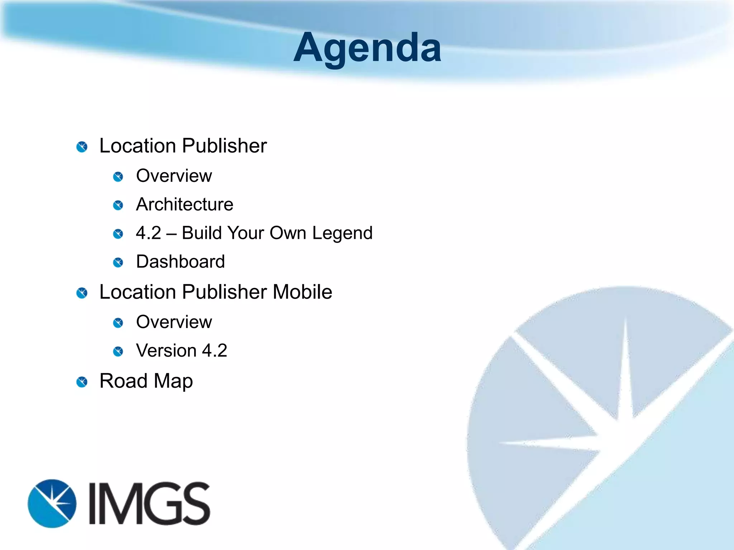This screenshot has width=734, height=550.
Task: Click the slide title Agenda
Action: pyautogui.click(x=367, y=48)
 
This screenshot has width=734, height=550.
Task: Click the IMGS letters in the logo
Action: pyautogui.click(x=149, y=503)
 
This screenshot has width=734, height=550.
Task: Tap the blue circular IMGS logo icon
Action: pyautogui.click(x=52, y=503)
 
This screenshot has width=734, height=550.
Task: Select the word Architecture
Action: pyautogui.click(x=185, y=204)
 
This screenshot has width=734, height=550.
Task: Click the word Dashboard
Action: pyautogui.click(x=180, y=262)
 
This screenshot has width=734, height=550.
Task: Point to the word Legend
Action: pyautogui.click(x=342, y=233)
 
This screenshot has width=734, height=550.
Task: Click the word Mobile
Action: pyautogui.click(x=302, y=292)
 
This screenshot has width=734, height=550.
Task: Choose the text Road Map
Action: pyautogui.click(x=146, y=381)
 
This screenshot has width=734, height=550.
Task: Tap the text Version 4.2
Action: pyautogui.click(x=181, y=351)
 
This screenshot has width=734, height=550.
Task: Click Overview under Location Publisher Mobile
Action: pyautogui.click(x=174, y=322)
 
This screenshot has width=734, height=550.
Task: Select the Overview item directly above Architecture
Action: pyautogui.click(x=174, y=176)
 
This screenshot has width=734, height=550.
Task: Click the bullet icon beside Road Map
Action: pyautogui.click(x=82, y=382)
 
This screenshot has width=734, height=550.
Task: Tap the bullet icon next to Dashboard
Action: pyautogui.click(x=118, y=263)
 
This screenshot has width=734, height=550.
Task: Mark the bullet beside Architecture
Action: pyautogui.click(x=118, y=206)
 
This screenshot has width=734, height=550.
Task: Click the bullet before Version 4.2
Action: pyautogui.click(x=118, y=352)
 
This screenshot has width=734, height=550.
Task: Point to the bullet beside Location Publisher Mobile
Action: pyautogui.click(x=82, y=293)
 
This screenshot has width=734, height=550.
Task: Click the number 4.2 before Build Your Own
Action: pyautogui.click(x=148, y=233)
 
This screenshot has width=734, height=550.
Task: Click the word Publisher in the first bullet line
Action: pyautogui.click(x=224, y=146)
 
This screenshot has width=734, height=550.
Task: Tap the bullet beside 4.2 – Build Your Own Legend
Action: pyautogui.click(x=118, y=234)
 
